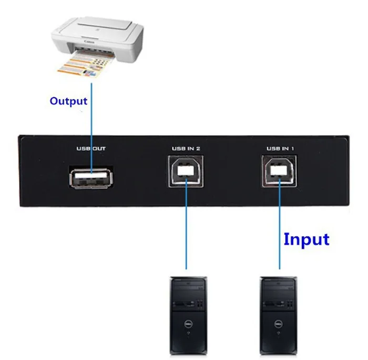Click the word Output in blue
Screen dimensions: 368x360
[68, 101]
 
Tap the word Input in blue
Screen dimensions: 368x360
[306, 239]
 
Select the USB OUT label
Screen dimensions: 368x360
[91, 148]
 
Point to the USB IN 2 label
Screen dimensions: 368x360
[186, 148]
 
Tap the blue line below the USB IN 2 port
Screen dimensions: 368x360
[186, 232]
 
